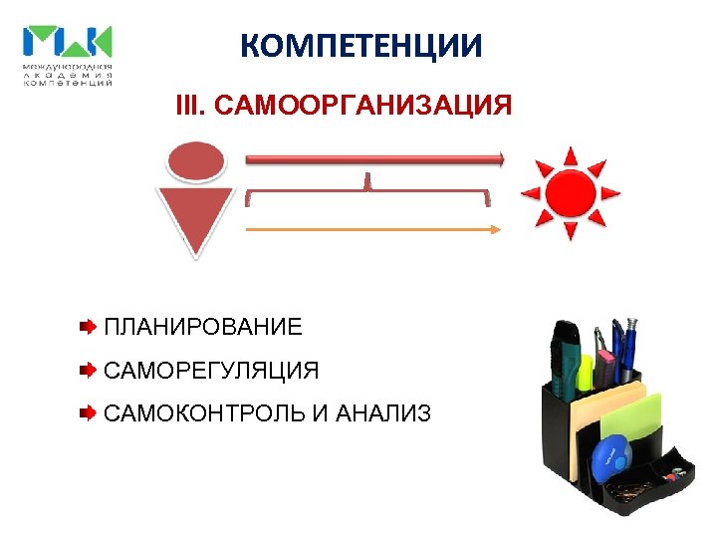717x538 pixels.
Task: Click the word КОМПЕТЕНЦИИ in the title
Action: [x=361, y=46]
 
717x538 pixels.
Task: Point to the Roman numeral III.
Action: [x=188, y=106]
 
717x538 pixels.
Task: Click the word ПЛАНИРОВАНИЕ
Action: [x=202, y=327]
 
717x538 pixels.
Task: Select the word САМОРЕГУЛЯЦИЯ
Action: [x=211, y=371]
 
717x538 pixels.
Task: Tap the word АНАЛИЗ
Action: [x=384, y=412]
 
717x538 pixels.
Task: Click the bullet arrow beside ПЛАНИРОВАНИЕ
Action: [x=88, y=327]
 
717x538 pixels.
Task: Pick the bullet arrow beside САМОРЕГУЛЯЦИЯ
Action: [x=88, y=371]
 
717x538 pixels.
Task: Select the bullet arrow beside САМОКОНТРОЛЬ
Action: [x=88, y=411]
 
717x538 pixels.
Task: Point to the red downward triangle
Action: [x=197, y=219]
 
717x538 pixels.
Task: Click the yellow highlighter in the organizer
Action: [x=586, y=371]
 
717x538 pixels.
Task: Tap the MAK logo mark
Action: [x=68, y=42]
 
